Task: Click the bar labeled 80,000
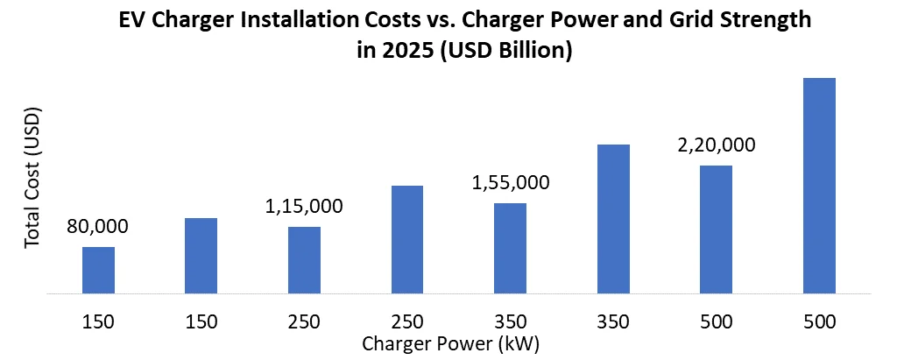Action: [x=98, y=270]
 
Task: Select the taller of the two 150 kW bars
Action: [x=201, y=255]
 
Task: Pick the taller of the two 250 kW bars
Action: [x=407, y=239]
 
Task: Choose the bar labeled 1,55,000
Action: [x=511, y=248]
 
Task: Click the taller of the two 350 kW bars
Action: [x=613, y=218]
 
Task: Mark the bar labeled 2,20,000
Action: [x=717, y=229]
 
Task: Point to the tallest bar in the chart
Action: [x=819, y=185]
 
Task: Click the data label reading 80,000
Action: [x=97, y=227]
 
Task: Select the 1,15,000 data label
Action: [x=304, y=207]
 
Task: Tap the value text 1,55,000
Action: [x=511, y=183]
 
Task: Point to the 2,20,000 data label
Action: [x=717, y=145]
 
